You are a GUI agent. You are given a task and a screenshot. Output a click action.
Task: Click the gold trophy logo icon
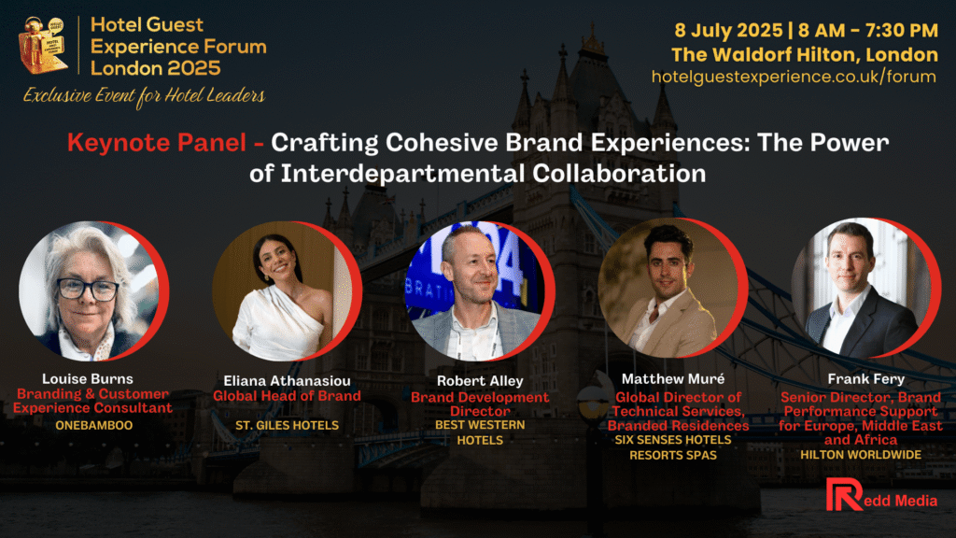43,45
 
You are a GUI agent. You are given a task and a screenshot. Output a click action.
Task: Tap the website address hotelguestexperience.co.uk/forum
794,77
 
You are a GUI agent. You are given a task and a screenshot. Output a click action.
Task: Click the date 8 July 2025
728,30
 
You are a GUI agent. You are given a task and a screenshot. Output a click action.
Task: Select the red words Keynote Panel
157,143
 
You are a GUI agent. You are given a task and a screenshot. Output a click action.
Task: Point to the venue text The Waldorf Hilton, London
805,55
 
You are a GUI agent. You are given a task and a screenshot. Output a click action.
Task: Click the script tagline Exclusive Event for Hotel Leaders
144,96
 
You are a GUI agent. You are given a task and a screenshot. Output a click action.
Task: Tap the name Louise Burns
87,379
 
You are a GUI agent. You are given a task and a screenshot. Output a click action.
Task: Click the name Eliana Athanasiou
288,381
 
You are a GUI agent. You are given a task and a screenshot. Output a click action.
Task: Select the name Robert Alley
480,381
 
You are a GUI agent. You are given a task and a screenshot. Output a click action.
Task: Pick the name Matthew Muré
673,379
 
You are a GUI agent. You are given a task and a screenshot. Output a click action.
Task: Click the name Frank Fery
865,379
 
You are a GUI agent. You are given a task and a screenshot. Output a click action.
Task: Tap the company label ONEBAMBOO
94,425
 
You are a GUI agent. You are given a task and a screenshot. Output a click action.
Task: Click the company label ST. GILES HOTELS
288,425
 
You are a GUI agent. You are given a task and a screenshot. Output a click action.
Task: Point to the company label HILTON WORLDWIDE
861,455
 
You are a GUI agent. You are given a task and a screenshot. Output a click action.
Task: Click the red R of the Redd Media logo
843,495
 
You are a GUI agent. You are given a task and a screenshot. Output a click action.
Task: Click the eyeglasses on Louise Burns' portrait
88,289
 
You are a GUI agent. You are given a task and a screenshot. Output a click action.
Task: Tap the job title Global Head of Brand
288,396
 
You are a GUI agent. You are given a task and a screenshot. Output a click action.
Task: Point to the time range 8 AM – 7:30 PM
868,30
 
